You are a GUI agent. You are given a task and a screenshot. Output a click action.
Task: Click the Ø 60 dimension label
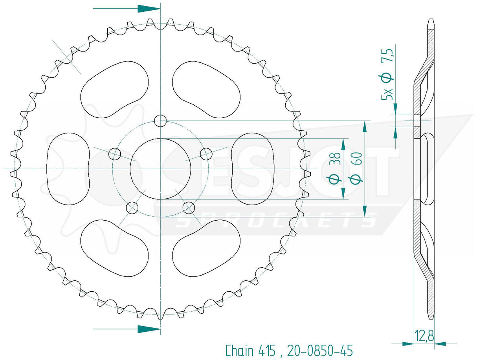coord(355,168)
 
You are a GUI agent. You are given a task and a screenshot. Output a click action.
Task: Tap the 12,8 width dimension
coord(424,336)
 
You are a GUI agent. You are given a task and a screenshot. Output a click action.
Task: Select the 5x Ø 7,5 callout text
coord(387,74)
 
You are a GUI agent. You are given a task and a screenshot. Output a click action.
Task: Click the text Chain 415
coord(250,351)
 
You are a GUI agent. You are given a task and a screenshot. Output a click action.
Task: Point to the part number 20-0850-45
coord(320,351)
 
